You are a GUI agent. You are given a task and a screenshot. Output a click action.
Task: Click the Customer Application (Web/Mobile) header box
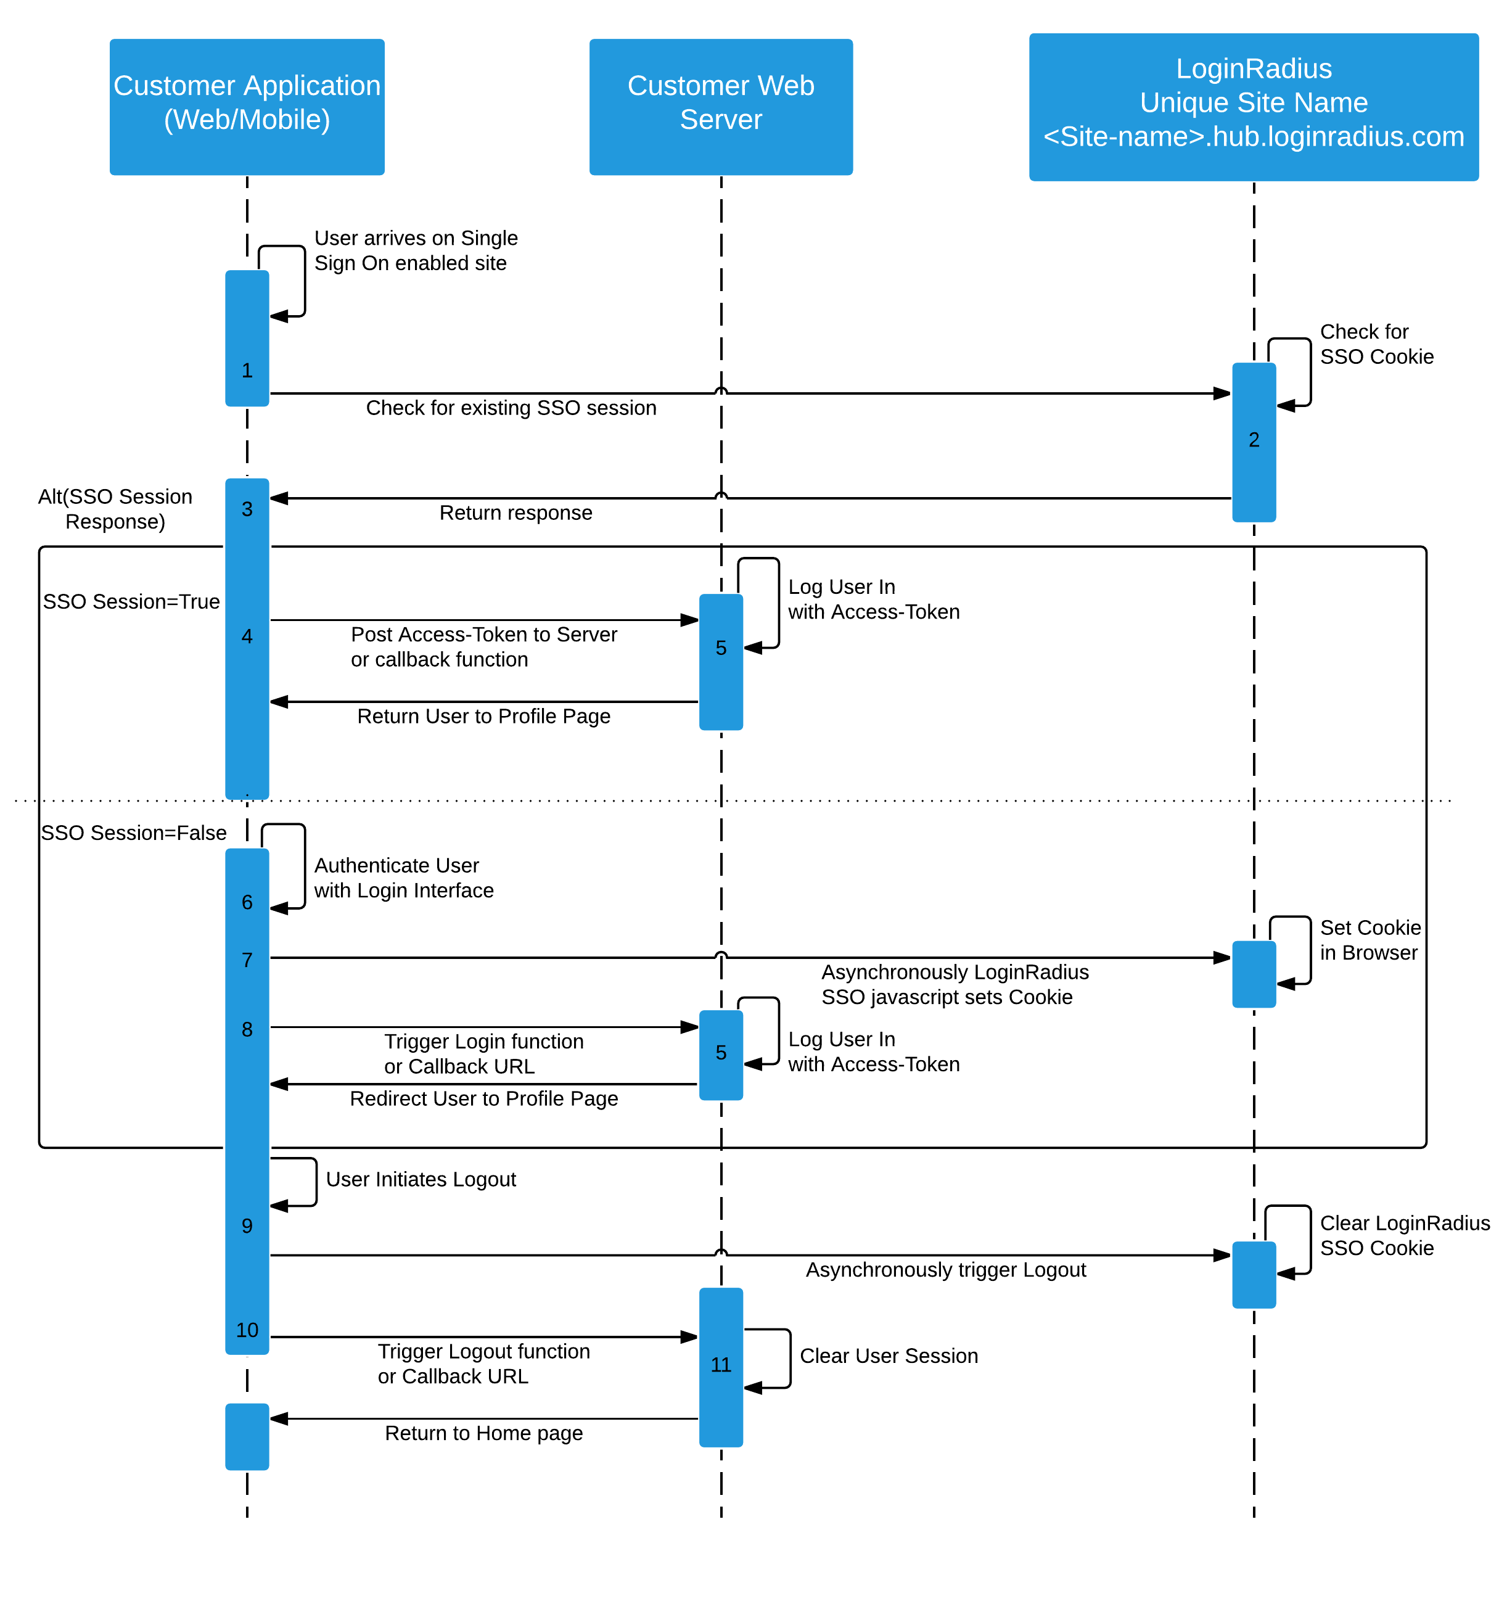pyautogui.click(x=247, y=106)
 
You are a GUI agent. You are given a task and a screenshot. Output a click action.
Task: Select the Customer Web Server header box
pyautogui.click(x=720, y=106)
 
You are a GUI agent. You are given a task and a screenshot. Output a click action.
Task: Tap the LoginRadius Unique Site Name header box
pyautogui.click(x=1253, y=106)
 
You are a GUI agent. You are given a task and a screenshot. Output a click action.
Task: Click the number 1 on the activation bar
pyautogui.click(x=247, y=371)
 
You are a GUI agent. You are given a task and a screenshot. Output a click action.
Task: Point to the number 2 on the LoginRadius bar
pyautogui.click(x=1253, y=440)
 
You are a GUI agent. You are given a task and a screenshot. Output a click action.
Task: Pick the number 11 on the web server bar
pyautogui.click(x=720, y=1365)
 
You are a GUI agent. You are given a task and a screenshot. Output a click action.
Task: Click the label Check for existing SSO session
pyautogui.click(x=511, y=408)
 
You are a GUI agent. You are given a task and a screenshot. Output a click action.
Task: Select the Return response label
pyautogui.click(x=515, y=512)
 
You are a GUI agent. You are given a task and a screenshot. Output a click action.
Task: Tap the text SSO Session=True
pyautogui.click(x=131, y=601)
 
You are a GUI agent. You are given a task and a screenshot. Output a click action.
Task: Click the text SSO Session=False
pyautogui.click(x=134, y=833)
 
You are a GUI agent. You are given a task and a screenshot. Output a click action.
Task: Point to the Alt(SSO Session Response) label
pyautogui.click(x=115, y=508)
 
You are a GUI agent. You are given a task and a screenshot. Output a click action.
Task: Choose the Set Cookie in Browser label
pyautogui.click(x=1369, y=940)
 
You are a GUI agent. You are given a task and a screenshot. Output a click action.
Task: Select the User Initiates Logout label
pyautogui.click(x=420, y=1179)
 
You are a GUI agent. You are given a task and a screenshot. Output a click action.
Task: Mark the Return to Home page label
pyautogui.click(x=483, y=1433)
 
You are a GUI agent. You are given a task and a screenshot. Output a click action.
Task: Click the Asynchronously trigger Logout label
pyautogui.click(x=945, y=1269)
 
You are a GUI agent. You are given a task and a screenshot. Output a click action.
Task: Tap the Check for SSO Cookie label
pyautogui.click(x=1375, y=344)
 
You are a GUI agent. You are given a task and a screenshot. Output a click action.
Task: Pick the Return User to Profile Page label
pyautogui.click(x=483, y=716)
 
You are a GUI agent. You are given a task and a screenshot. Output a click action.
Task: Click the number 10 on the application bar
pyautogui.click(x=247, y=1330)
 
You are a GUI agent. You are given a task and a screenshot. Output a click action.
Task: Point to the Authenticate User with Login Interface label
pyautogui.click(x=403, y=878)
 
